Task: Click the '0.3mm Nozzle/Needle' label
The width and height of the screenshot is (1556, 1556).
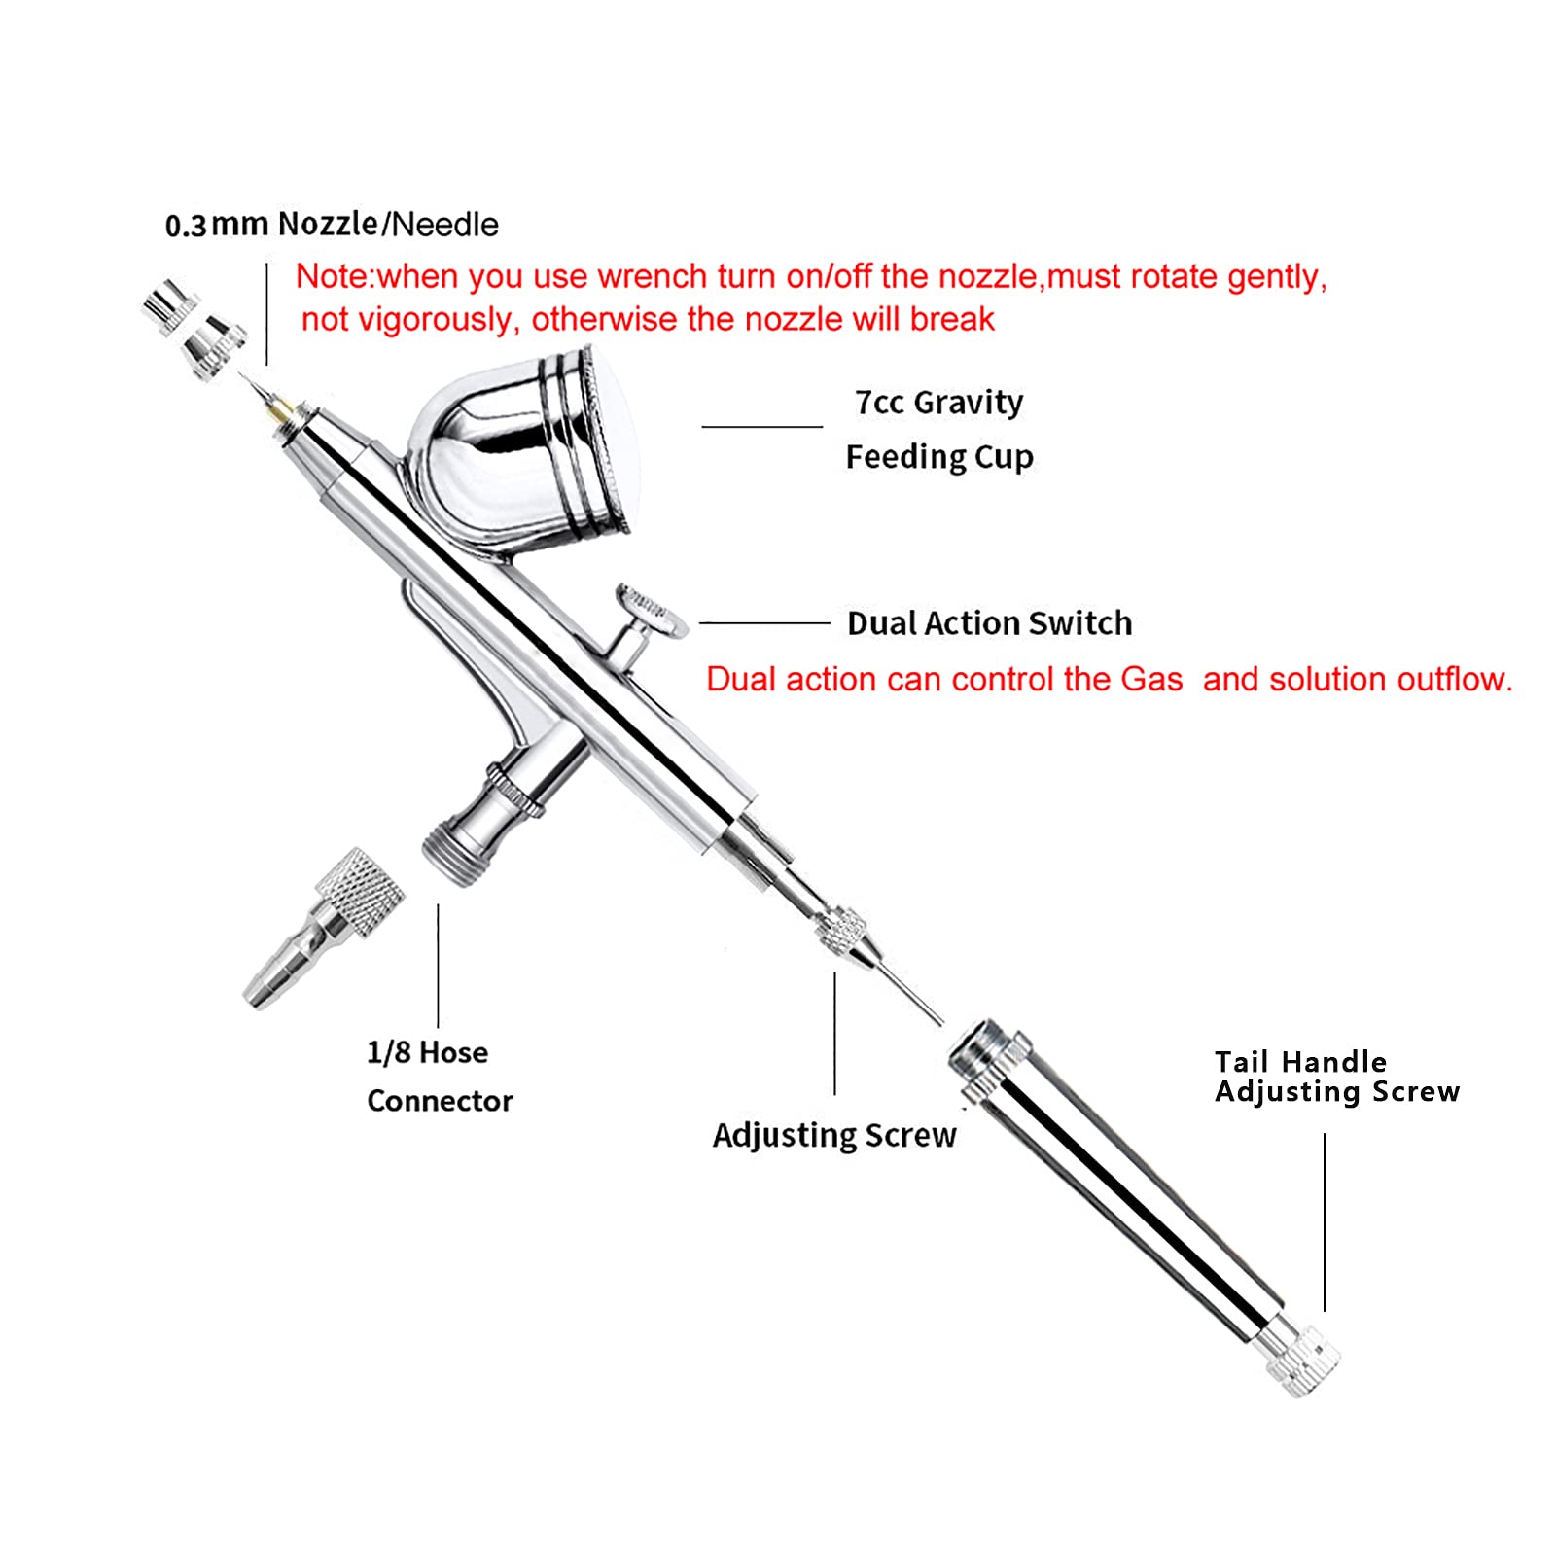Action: tap(332, 224)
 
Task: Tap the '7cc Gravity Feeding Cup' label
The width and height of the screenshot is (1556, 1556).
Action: tap(938, 429)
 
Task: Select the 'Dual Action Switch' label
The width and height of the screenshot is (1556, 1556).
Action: tap(989, 623)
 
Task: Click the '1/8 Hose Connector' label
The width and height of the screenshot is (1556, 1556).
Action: tap(439, 1077)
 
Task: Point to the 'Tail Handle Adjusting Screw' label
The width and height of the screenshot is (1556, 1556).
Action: tap(1336, 1077)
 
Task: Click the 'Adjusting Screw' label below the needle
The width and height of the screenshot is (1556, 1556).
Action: tap(834, 1135)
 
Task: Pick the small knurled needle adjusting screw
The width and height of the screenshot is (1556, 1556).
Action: tap(842, 930)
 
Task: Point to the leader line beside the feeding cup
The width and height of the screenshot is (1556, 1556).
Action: tap(761, 427)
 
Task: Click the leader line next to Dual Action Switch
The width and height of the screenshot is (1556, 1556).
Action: tap(764, 623)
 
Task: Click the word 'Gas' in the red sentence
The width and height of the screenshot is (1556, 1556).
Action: tap(1151, 679)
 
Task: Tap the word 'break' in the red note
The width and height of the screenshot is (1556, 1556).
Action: tap(952, 320)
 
